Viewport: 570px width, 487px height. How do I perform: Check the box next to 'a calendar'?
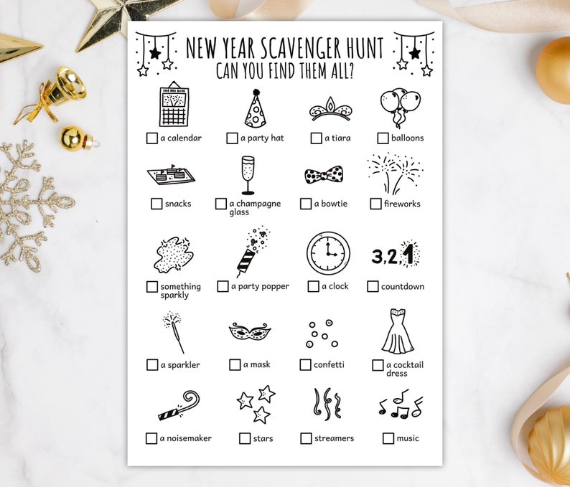coord(151,138)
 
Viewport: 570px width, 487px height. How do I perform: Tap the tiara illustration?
coord(330,110)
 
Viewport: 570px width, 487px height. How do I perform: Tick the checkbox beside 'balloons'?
coord(383,138)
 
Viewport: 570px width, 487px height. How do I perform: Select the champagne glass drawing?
coord(248,175)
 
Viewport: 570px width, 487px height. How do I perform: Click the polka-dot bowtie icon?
coord(323,175)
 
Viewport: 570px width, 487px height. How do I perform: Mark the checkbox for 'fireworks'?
coord(375,204)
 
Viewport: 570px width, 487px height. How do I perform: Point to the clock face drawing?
coord(328,253)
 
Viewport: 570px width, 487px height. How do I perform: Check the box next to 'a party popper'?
coord(223,286)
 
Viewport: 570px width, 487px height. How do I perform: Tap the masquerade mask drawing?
coord(249,332)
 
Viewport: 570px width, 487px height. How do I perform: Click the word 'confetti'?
coord(329,364)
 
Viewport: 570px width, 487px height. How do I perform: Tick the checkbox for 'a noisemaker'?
coord(151,438)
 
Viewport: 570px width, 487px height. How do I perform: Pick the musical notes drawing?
coord(400,405)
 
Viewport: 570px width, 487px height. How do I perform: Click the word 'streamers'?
coord(334,438)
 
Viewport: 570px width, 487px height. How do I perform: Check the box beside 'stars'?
coord(245,438)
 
